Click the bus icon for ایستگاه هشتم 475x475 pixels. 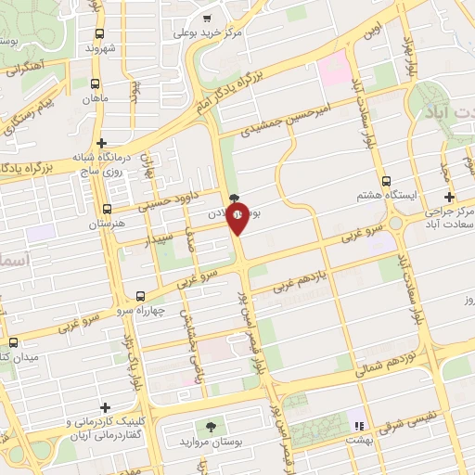(386, 182)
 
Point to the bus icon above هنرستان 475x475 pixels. (108, 209)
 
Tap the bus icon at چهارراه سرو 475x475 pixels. (140, 296)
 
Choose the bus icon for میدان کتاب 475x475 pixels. (13, 341)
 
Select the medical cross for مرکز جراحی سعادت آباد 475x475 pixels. (450, 197)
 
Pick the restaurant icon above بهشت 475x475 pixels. (358, 426)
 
